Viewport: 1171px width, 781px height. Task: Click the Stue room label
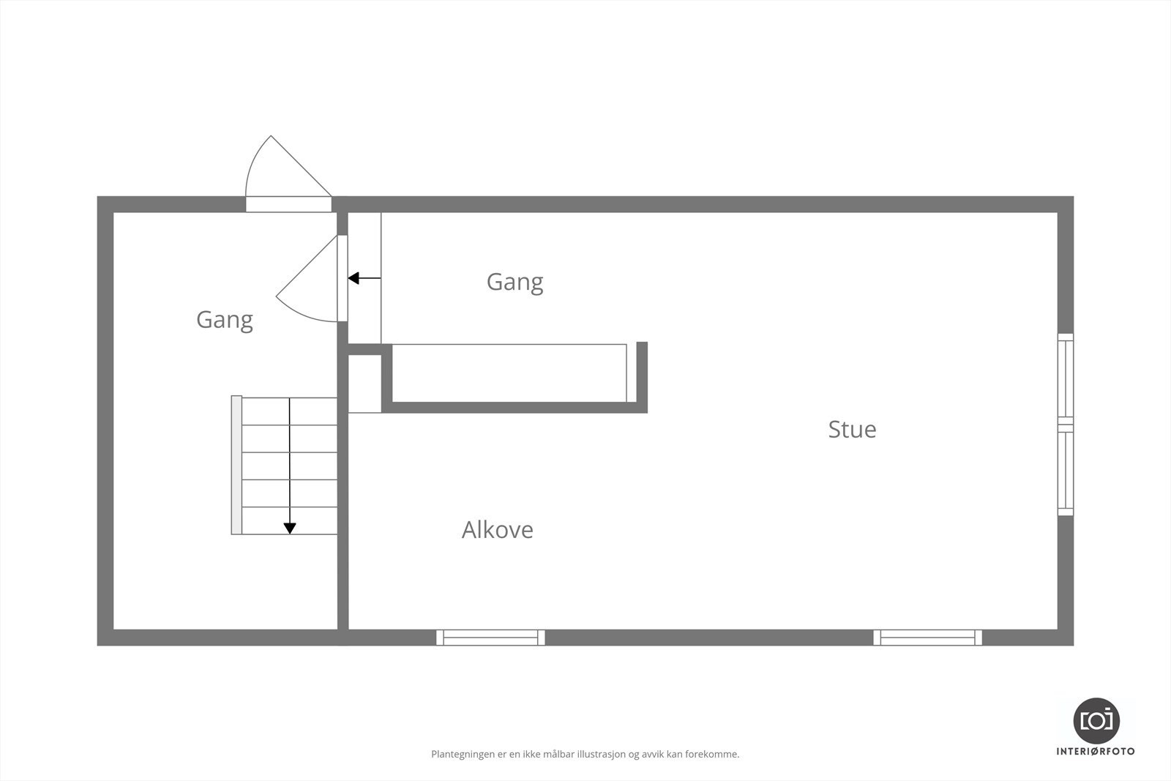pos(852,429)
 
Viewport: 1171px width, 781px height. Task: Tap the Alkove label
pos(497,530)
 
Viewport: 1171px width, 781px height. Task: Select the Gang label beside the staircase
pos(224,320)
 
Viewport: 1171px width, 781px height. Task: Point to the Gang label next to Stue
pos(515,282)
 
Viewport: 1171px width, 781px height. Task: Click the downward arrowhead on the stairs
pos(290,528)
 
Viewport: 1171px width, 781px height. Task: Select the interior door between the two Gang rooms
pos(342,278)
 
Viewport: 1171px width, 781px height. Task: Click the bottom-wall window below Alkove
pos(490,638)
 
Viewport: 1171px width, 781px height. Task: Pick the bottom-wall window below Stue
pos(927,638)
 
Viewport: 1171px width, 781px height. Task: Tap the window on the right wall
pos(1066,425)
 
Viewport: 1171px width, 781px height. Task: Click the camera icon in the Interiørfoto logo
pos(1096,720)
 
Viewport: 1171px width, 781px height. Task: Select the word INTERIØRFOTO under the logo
pos(1096,751)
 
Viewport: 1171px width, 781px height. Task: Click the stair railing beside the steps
pos(236,465)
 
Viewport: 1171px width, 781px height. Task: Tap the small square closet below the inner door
pos(364,384)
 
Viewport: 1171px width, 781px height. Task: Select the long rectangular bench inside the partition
pos(509,373)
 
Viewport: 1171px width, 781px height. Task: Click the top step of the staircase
pos(290,411)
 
